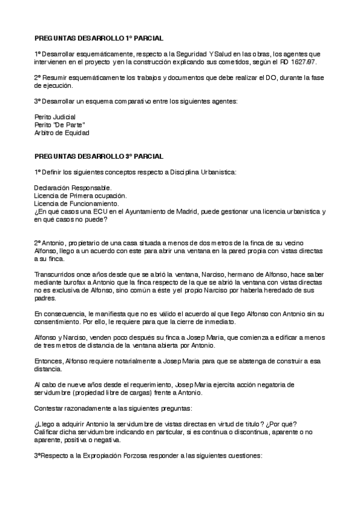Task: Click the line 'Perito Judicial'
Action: (x=55, y=117)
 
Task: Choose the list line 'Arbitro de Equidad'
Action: (x=63, y=133)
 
